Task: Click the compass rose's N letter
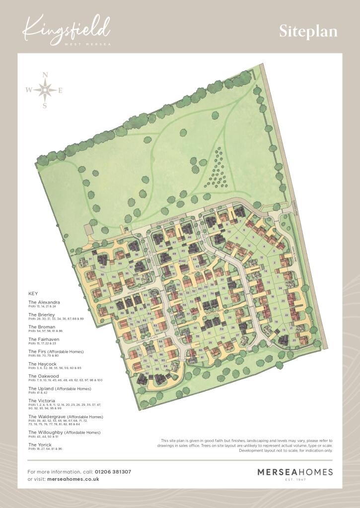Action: tap(45, 75)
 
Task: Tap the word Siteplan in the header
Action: tap(308, 32)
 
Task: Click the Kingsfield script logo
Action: tap(67, 29)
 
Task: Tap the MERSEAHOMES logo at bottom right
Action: tap(294, 472)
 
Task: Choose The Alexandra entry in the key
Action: tap(44, 302)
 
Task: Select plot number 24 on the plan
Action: tap(280, 288)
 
